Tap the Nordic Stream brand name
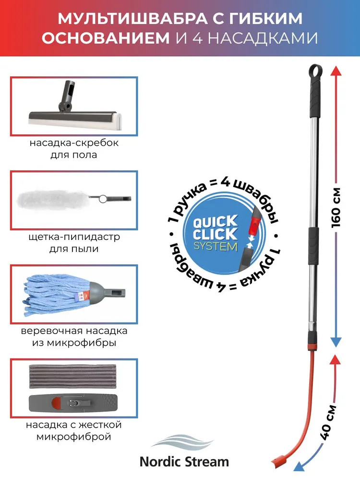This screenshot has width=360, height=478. tap(184, 462)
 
